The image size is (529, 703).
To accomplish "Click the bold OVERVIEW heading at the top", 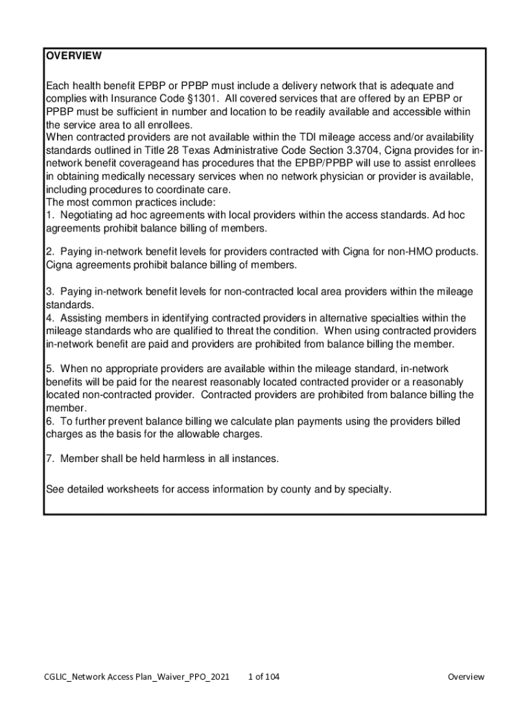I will click(x=74, y=56).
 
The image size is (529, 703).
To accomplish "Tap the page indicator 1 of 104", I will click(x=263, y=677).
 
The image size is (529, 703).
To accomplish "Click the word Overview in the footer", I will click(x=466, y=677).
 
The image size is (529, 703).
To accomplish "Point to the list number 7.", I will click(x=49, y=459).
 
